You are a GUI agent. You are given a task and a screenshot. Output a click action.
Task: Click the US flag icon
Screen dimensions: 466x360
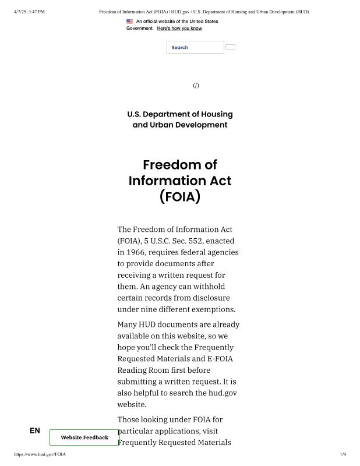[x=129, y=22]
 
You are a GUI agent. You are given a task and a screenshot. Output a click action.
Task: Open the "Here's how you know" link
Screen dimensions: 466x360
[x=179, y=28]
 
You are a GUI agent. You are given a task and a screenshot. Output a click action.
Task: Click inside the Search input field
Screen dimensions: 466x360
[x=195, y=47]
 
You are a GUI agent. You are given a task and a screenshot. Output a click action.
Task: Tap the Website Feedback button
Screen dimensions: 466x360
[x=84, y=437]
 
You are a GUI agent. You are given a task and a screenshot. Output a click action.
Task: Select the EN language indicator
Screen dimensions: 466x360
[x=35, y=431]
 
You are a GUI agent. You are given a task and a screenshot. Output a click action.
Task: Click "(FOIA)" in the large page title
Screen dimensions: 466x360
[x=180, y=196]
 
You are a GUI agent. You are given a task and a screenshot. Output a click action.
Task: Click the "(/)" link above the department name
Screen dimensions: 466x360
[x=196, y=86]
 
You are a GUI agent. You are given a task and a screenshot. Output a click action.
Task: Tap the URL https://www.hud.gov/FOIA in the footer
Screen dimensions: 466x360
[x=40, y=454]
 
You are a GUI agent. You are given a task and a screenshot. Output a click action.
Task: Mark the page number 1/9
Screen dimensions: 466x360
[x=343, y=454]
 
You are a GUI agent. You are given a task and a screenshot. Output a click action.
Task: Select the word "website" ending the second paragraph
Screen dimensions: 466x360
[x=132, y=404]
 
